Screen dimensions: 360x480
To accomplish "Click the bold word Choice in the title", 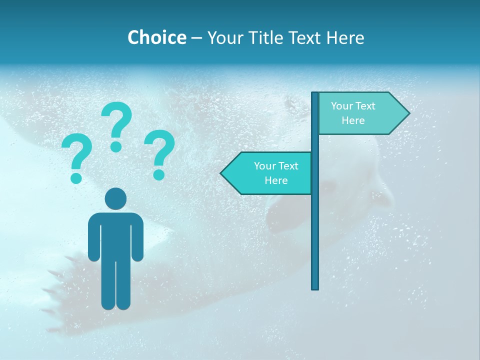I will click(156, 37).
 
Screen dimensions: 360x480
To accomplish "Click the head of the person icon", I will click(115, 199).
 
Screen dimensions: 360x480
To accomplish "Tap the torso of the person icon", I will click(115, 235).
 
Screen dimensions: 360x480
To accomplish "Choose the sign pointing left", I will click(267, 173).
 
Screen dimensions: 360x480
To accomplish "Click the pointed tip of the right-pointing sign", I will click(407, 113).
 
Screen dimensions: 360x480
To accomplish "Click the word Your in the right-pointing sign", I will click(342, 106).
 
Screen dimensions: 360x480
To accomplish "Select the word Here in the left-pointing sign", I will click(276, 180).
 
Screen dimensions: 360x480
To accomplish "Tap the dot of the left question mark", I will click(76, 177).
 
